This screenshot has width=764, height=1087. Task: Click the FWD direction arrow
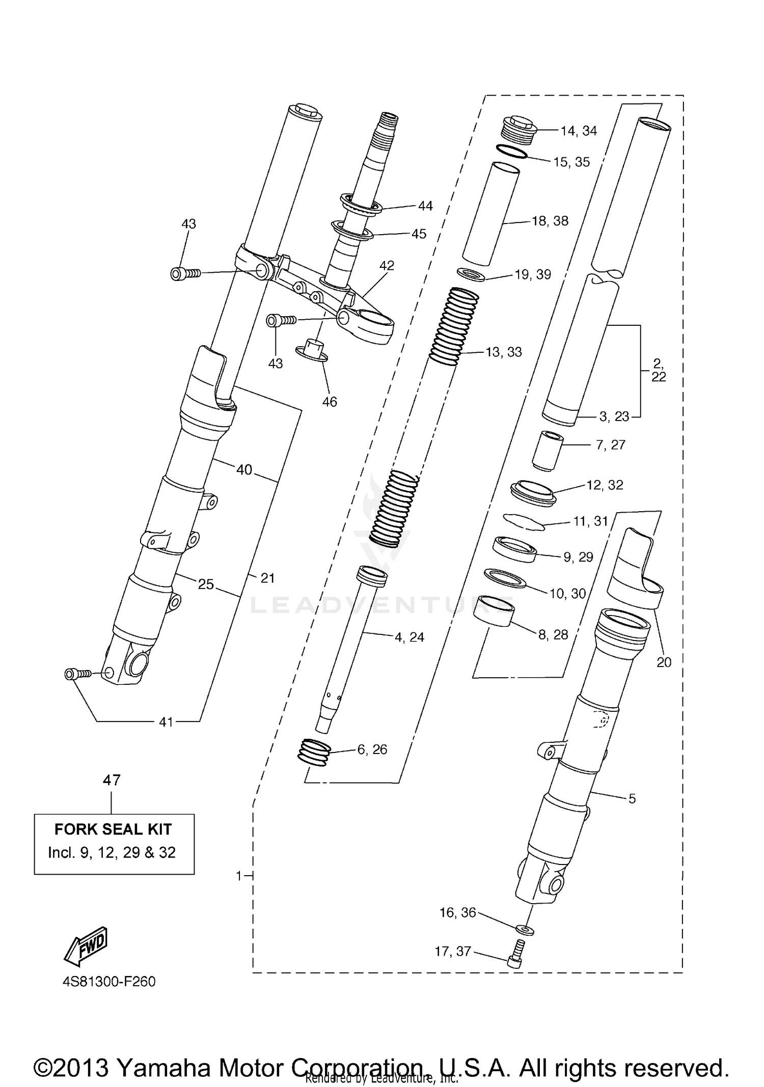point(86,945)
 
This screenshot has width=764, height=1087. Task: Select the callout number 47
point(112,780)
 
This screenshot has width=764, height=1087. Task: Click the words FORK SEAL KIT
point(113,829)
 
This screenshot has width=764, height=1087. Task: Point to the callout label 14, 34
point(579,131)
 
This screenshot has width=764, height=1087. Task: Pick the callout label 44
point(425,206)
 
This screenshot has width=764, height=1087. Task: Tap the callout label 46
point(330,402)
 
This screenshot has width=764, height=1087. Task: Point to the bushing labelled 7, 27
point(547,451)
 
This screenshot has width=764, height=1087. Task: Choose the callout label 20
point(664,662)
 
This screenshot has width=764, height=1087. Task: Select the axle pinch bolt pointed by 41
point(77,674)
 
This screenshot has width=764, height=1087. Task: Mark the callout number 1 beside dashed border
point(238,876)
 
